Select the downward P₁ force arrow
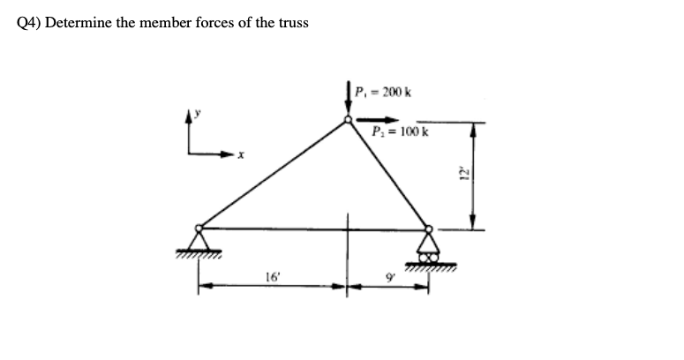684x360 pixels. [x=348, y=100]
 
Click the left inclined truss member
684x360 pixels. [x=274, y=174]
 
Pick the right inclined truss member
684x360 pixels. [x=387, y=174]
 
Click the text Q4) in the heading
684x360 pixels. [x=29, y=22]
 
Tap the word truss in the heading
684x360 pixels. [x=292, y=22]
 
